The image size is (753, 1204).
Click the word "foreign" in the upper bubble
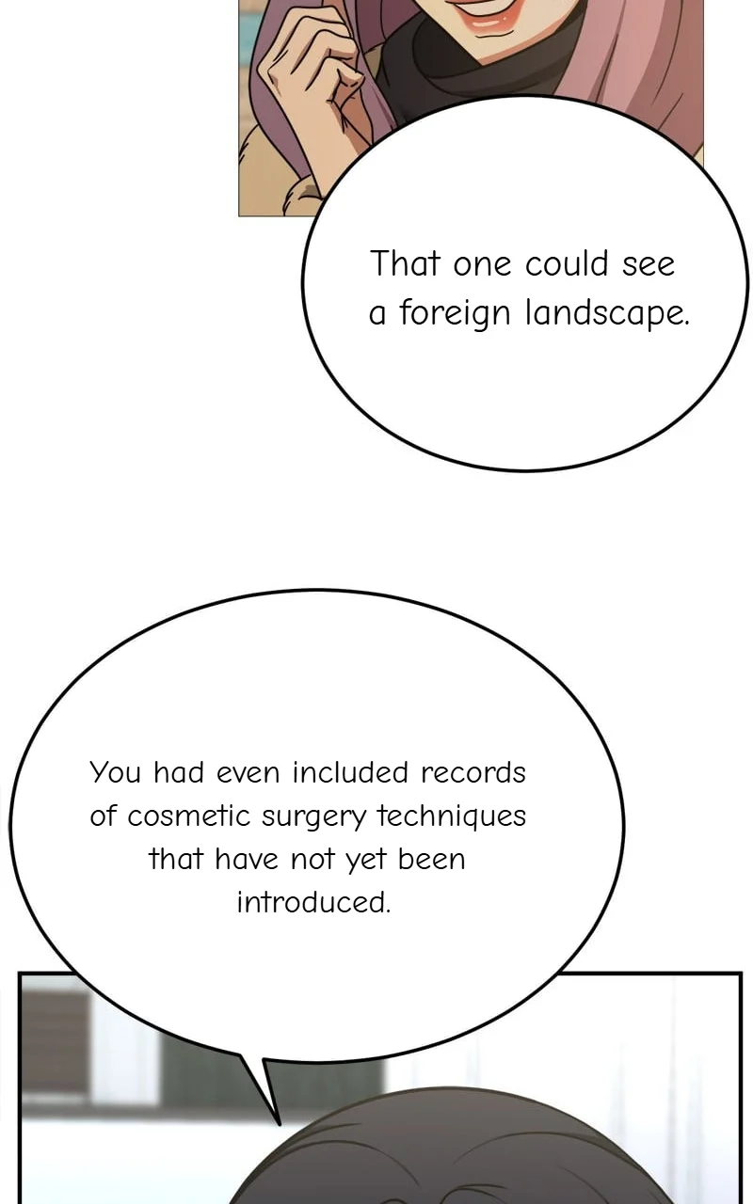[x=455, y=313]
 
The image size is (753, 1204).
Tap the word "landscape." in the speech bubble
[x=607, y=313]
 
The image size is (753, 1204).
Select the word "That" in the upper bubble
[x=405, y=263]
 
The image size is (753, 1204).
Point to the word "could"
[x=567, y=263]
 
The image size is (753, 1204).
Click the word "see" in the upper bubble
[x=649, y=265]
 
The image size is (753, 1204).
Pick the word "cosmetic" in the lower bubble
[x=189, y=816]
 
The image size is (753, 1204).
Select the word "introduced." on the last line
[x=313, y=902]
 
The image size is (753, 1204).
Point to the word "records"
[x=473, y=773]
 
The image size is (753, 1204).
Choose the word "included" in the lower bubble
[x=350, y=773]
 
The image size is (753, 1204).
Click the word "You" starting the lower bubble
[x=115, y=773]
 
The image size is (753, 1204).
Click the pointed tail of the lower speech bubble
[x=279, y=1122]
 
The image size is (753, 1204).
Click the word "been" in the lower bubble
[x=431, y=859]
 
